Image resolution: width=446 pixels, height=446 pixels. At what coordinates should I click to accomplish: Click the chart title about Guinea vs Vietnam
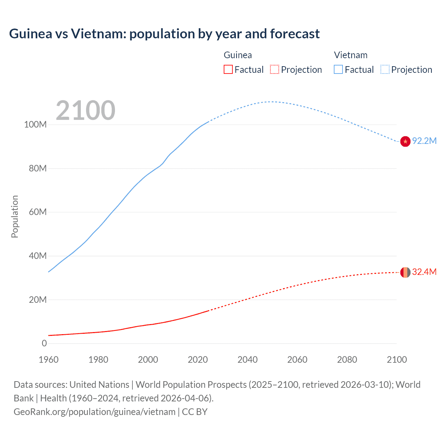pos(164,34)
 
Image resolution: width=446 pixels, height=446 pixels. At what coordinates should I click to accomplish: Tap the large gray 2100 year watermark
pos(85,110)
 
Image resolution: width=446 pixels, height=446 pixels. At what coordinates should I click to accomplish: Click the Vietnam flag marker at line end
pos(405,141)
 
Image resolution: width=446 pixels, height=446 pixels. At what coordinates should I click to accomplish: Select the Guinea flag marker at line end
pos(405,272)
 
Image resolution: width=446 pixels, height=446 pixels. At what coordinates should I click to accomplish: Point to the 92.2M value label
pos(424,141)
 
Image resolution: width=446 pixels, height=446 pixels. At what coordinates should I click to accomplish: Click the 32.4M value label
pos(424,272)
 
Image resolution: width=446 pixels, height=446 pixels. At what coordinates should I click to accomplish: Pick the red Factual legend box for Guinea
pos(228,69)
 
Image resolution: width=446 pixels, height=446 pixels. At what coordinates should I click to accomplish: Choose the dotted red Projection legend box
pos(275,69)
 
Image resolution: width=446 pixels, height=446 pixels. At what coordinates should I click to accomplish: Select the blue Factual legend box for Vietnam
pos(338,69)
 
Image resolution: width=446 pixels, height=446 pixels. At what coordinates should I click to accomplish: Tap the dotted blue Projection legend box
pos(385,69)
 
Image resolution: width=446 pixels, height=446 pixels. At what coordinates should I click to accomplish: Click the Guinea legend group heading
pos(238,55)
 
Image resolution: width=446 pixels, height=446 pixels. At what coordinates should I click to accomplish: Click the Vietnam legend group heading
pos(351,55)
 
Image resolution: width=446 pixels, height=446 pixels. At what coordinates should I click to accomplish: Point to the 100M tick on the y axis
pos(35,125)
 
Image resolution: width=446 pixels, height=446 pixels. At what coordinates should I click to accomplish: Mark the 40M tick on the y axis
pos(38,256)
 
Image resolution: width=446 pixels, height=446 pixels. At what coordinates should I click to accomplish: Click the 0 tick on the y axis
pos(44,343)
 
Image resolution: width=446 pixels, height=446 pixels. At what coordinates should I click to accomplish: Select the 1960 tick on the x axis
pos(48,360)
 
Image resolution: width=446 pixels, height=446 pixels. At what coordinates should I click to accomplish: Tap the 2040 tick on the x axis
pos(247,360)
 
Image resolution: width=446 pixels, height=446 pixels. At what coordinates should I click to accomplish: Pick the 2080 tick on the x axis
pos(347,360)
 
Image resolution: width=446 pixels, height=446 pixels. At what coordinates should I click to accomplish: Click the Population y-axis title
pos(15,216)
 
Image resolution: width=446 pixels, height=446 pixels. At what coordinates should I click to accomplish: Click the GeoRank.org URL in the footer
pos(94,412)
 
